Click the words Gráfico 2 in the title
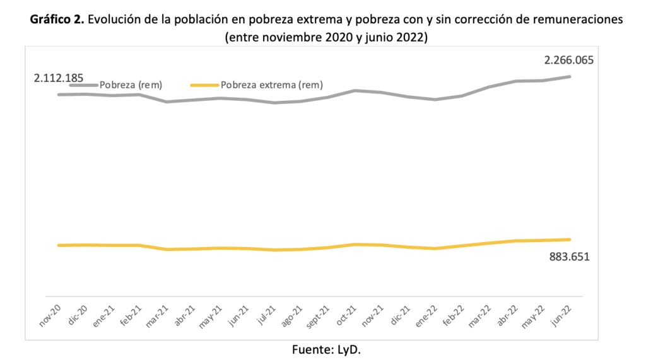(57, 19)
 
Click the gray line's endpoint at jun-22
(570, 77)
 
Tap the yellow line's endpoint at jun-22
(570, 240)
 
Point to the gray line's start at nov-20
(58, 95)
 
